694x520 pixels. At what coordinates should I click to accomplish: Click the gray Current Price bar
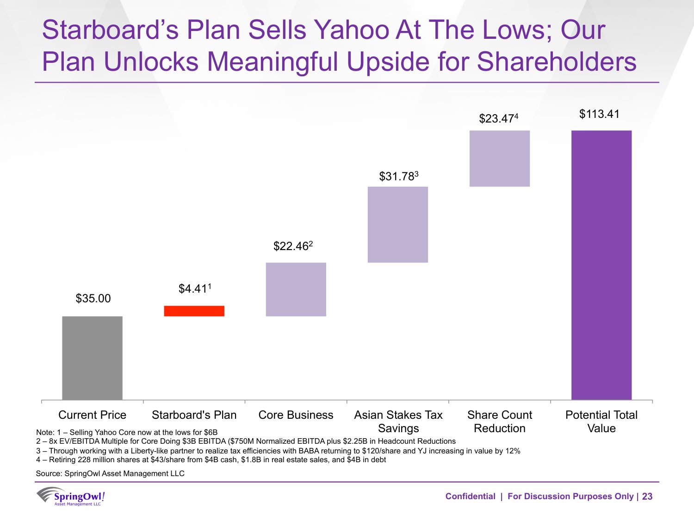[92, 358]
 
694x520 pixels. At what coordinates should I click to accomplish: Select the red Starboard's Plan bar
[194, 311]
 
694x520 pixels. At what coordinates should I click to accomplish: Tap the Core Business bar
[296, 289]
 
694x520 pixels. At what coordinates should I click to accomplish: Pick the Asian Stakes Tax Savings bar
[397, 225]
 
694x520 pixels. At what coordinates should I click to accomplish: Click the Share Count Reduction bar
[499, 159]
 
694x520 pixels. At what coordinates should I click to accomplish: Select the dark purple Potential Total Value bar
[601, 265]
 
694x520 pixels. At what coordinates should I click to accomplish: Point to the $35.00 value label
[93, 299]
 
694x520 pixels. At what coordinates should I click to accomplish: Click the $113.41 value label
[599, 114]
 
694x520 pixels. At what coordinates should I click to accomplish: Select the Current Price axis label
[92, 415]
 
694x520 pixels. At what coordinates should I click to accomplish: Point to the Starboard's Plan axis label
[194, 415]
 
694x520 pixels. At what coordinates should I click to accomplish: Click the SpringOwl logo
[71, 496]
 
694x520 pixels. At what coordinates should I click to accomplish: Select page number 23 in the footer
[647, 496]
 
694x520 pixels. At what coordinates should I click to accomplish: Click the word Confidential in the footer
[470, 496]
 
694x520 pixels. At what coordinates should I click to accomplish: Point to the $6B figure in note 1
[211, 433]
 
